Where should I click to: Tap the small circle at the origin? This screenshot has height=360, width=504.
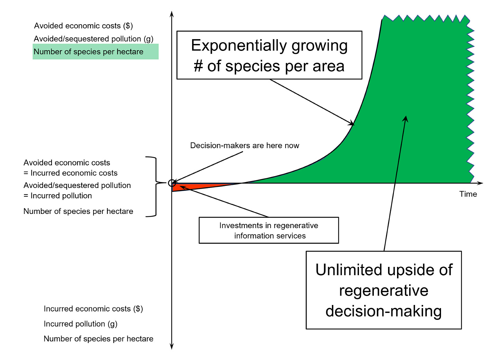coord(171,183)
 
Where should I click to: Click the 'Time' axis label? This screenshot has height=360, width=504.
coord(468,194)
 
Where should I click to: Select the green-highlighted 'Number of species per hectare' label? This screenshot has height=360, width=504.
coord(89,52)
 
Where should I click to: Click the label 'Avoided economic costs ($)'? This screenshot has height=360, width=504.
coord(83,26)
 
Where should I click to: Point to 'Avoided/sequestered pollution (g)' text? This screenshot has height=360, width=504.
coord(93,39)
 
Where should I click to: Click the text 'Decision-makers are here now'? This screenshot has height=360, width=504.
coord(244,145)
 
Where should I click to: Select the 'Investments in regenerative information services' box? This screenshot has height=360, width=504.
coord(269,231)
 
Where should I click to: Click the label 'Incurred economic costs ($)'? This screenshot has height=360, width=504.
coord(93,309)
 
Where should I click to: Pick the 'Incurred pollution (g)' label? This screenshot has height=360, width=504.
coord(80,324)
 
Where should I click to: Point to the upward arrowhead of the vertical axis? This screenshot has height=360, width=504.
coord(172,14)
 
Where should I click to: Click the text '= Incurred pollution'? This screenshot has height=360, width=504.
coord(58,196)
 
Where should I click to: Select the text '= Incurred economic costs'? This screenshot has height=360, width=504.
coord(71,173)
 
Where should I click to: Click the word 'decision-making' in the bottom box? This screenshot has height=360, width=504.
coord(384,311)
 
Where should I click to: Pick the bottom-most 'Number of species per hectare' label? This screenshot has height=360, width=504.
coord(98,339)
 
